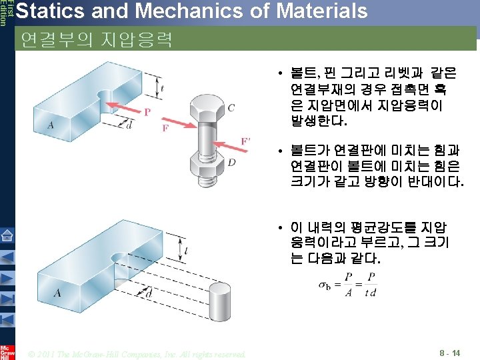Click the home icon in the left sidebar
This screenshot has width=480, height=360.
[7, 235]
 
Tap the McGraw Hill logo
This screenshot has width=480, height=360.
[7, 351]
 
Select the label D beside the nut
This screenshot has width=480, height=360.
[231, 163]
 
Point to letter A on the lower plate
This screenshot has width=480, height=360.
[57, 293]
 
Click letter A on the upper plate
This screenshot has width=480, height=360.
[51, 125]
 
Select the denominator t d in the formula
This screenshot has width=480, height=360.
[370, 291]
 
